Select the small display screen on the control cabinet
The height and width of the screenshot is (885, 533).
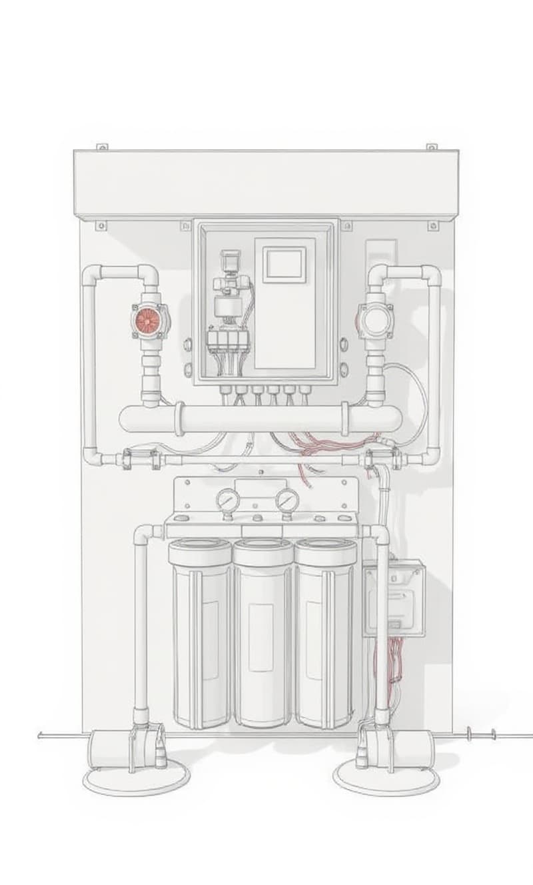284,263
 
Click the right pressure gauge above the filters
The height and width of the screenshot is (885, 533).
287,500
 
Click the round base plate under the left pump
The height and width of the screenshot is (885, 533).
136,778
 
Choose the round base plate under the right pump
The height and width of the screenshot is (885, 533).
378,777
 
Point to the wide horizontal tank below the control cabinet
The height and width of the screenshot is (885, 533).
263,419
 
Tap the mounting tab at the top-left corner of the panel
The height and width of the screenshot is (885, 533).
101,147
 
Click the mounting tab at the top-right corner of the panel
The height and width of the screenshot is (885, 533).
432,147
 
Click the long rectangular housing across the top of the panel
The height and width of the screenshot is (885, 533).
266,181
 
